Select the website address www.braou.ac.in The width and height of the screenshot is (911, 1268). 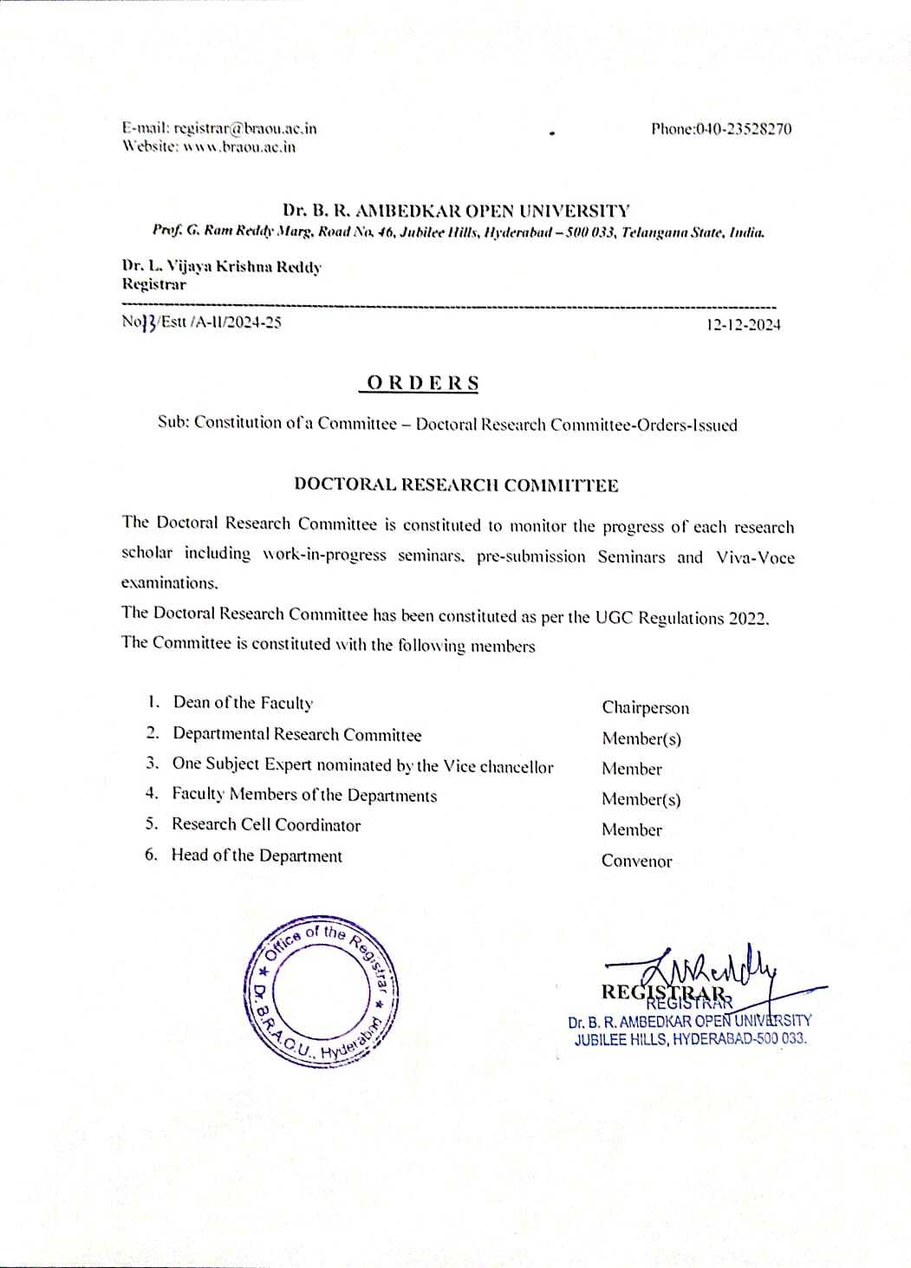[234, 146]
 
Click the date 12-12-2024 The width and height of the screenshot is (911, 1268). [743, 325]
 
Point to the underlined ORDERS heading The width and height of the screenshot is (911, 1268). [423, 383]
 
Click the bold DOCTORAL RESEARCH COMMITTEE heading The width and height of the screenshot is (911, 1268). [456, 484]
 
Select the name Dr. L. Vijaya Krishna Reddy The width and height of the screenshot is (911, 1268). [221, 267]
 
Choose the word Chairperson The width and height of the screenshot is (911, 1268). [646, 708]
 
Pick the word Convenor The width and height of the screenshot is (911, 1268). [637, 861]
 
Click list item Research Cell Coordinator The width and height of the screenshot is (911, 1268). [266, 824]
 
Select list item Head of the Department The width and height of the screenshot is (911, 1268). [257, 855]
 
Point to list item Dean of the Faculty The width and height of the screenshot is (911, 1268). [244, 703]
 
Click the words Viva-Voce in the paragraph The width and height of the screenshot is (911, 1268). [755, 557]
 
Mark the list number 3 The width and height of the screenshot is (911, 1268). [153, 764]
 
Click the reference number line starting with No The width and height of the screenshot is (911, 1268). [202, 323]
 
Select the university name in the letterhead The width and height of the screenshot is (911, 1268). [456, 211]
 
